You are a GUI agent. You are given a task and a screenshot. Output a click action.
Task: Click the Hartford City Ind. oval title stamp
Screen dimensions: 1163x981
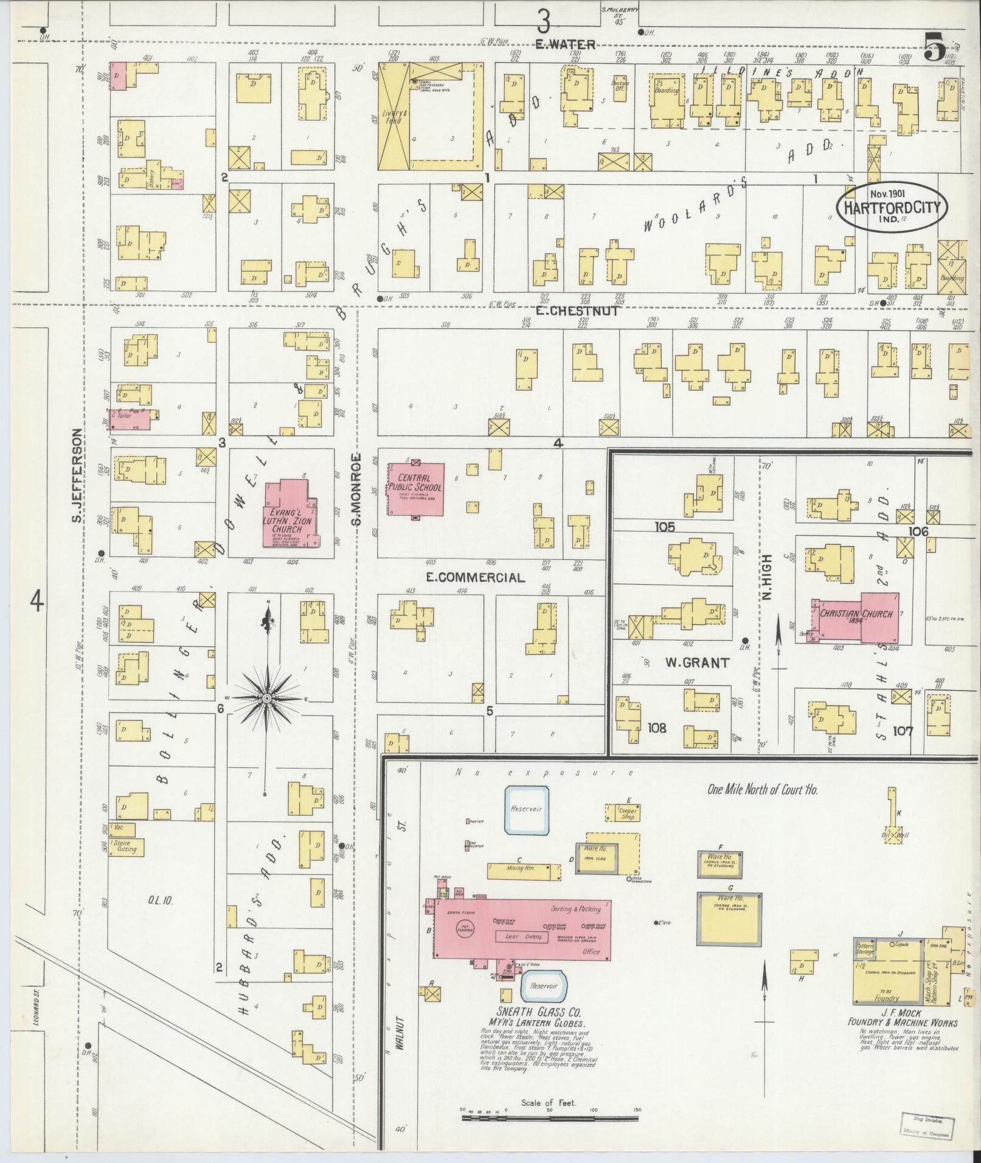coord(892,207)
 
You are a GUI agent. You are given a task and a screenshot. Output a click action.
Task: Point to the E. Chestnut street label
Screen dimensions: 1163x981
coord(577,311)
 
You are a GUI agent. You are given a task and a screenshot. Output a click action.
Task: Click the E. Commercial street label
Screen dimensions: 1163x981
coord(475,578)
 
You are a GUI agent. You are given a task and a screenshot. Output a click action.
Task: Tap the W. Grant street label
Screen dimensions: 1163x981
coord(696,663)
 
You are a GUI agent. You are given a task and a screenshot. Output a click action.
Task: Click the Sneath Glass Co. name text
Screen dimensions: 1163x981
coord(539,1013)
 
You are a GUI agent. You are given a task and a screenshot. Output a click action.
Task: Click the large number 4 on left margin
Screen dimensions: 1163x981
coord(37,604)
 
